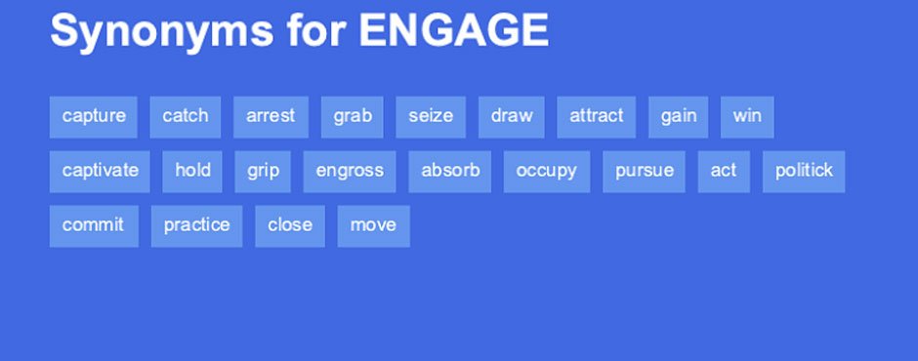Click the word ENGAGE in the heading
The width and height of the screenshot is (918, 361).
click(x=454, y=30)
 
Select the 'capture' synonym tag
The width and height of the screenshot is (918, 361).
click(x=94, y=117)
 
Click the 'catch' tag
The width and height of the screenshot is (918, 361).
click(x=185, y=117)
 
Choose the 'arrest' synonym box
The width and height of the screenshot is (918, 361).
click(x=271, y=117)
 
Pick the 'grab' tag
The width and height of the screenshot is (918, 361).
click(x=353, y=117)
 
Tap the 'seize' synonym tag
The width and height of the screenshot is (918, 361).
click(x=431, y=117)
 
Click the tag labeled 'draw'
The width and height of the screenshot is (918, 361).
click(x=512, y=117)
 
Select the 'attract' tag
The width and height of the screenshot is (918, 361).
click(x=596, y=117)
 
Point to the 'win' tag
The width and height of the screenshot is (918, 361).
click(x=747, y=117)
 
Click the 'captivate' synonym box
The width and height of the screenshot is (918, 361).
click(x=100, y=172)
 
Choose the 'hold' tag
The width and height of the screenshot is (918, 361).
click(x=192, y=172)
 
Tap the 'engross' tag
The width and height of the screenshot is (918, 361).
click(x=350, y=172)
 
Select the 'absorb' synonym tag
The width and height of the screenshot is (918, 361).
click(x=449, y=172)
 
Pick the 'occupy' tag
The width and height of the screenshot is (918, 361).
click(x=547, y=172)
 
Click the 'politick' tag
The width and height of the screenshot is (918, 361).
click(x=804, y=172)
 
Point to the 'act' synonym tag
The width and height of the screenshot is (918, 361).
click(x=724, y=172)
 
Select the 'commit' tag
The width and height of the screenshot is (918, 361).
click(x=95, y=225)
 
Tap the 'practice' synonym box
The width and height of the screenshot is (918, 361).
click(x=196, y=225)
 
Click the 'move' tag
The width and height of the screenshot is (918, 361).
click(x=373, y=225)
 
